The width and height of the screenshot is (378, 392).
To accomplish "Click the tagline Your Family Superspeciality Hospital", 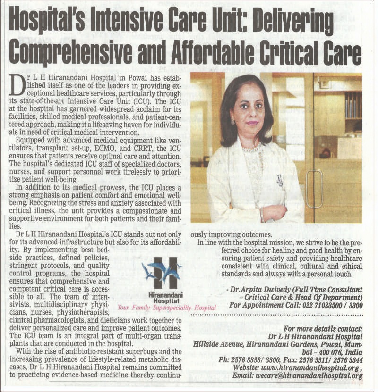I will [x=167, y=308].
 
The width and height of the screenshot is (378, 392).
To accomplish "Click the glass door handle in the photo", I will [x=314, y=189].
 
